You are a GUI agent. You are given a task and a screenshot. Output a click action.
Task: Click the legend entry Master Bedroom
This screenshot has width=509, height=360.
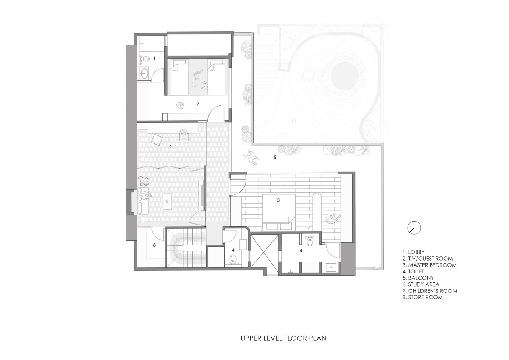click(x=429, y=265)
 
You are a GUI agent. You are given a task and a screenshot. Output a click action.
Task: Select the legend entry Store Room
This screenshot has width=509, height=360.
click(x=422, y=297)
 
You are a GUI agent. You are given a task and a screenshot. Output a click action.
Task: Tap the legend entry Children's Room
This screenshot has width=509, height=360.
click(x=430, y=291)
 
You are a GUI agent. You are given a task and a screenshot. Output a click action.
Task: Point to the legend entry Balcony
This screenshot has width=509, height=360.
click(x=418, y=278)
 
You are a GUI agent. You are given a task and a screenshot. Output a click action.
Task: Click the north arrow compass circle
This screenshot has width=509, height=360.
click(x=414, y=228)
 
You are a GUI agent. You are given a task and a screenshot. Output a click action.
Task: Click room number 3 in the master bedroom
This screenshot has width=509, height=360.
click(x=278, y=200)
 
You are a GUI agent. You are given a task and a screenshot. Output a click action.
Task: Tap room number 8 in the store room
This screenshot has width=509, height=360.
click(x=154, y=245)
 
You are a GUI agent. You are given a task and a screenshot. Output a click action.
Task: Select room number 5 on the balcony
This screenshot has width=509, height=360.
click(x=275, y=157)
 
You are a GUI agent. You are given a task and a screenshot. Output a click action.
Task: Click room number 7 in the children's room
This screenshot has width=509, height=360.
click(x=198, y=104)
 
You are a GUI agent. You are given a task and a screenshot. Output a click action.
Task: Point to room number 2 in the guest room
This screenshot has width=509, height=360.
click(x=167, y=201)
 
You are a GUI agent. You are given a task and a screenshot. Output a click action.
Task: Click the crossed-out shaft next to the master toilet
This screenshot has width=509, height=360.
click(x=265, y=250)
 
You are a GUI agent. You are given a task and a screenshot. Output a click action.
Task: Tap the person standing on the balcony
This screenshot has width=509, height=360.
click(x=251, y=157)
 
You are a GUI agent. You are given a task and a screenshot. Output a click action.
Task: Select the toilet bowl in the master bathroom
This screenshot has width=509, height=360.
click(x=310, y=242)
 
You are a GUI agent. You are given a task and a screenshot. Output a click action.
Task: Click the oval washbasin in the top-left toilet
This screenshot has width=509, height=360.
click(x=144, y=73)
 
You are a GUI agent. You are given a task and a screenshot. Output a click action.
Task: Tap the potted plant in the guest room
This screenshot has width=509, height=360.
click(x=144, y=181)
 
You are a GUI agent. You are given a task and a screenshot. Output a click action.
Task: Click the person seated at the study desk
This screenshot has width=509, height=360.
click(x=183, y=134)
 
